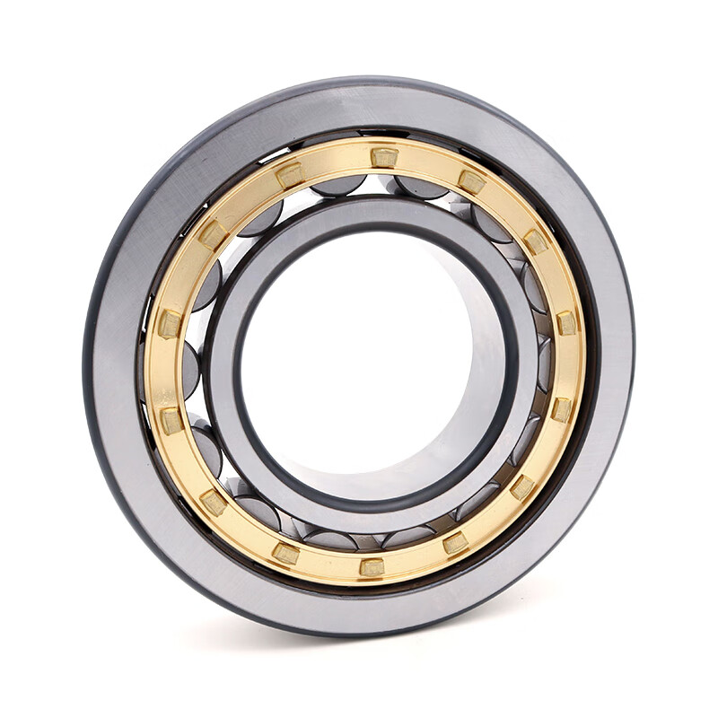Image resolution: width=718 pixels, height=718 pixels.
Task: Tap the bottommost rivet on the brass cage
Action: click(x=372, y=566)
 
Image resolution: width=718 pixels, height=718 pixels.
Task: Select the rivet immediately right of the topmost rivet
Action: click(x=471, y=182)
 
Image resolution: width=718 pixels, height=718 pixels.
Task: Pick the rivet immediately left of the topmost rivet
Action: click(x=290, y=174)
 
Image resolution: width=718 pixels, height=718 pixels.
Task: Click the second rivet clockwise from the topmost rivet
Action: click(x=536, y=241)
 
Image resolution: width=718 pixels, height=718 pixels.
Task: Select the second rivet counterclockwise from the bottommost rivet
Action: click(x=522, y=486)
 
